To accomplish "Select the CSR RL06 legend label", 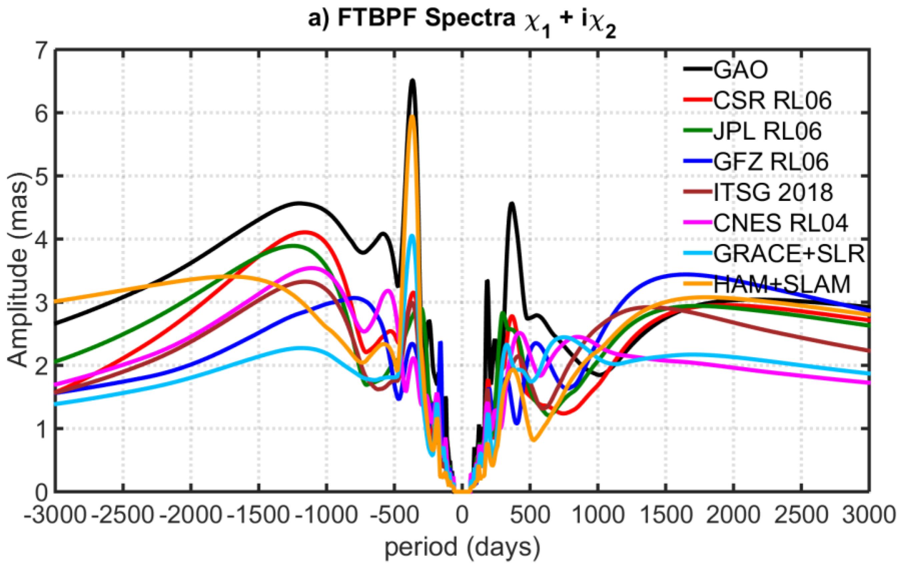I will [772, 100].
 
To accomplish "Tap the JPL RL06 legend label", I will [767, 131].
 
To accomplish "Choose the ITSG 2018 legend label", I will [773, 193].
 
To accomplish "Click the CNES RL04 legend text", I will [780, 223].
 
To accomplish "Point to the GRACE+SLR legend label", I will [789, 254].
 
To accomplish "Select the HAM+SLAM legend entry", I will [782, 285].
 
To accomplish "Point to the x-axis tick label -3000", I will [55, 515].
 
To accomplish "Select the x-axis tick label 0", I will [462, 515].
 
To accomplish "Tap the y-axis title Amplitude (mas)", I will [18, 270].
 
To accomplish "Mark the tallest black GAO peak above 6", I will [412, 80].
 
